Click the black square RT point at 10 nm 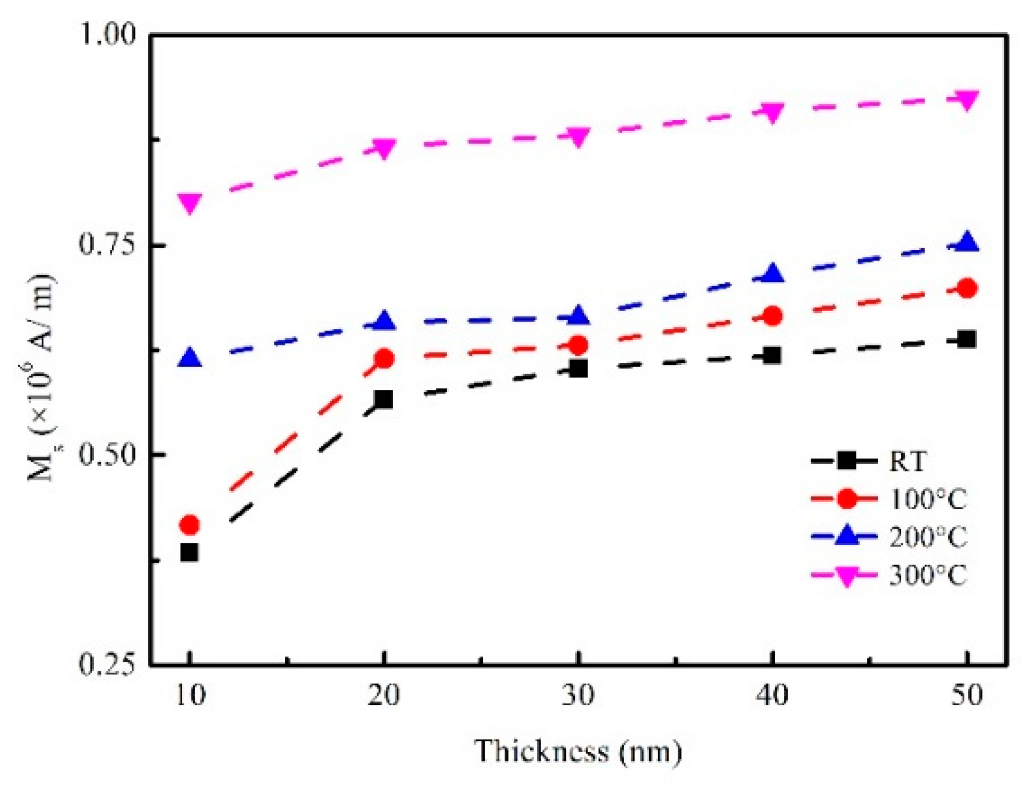[x=189, y=552]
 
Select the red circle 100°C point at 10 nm [x=189, y=525]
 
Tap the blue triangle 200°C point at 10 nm [x=190, y=359]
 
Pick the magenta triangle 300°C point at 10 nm [x=190, y=202]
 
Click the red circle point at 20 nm [x=384, y=359]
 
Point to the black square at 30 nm [x=578, y=368]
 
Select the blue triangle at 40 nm [x=772, y=273]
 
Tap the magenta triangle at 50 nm [x=966, y=99]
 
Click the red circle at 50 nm [x=967, y=288]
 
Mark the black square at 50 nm [x=966, y=339]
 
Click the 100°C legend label [x=927, y=499]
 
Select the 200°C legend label [x=927, y=537]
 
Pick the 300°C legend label [x=927, y=575]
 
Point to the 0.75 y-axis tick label [x=107, y=244]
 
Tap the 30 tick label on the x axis [x=577, y=696]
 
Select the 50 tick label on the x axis [x=966, y=696]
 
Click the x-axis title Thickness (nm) [x=577, y=751]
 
